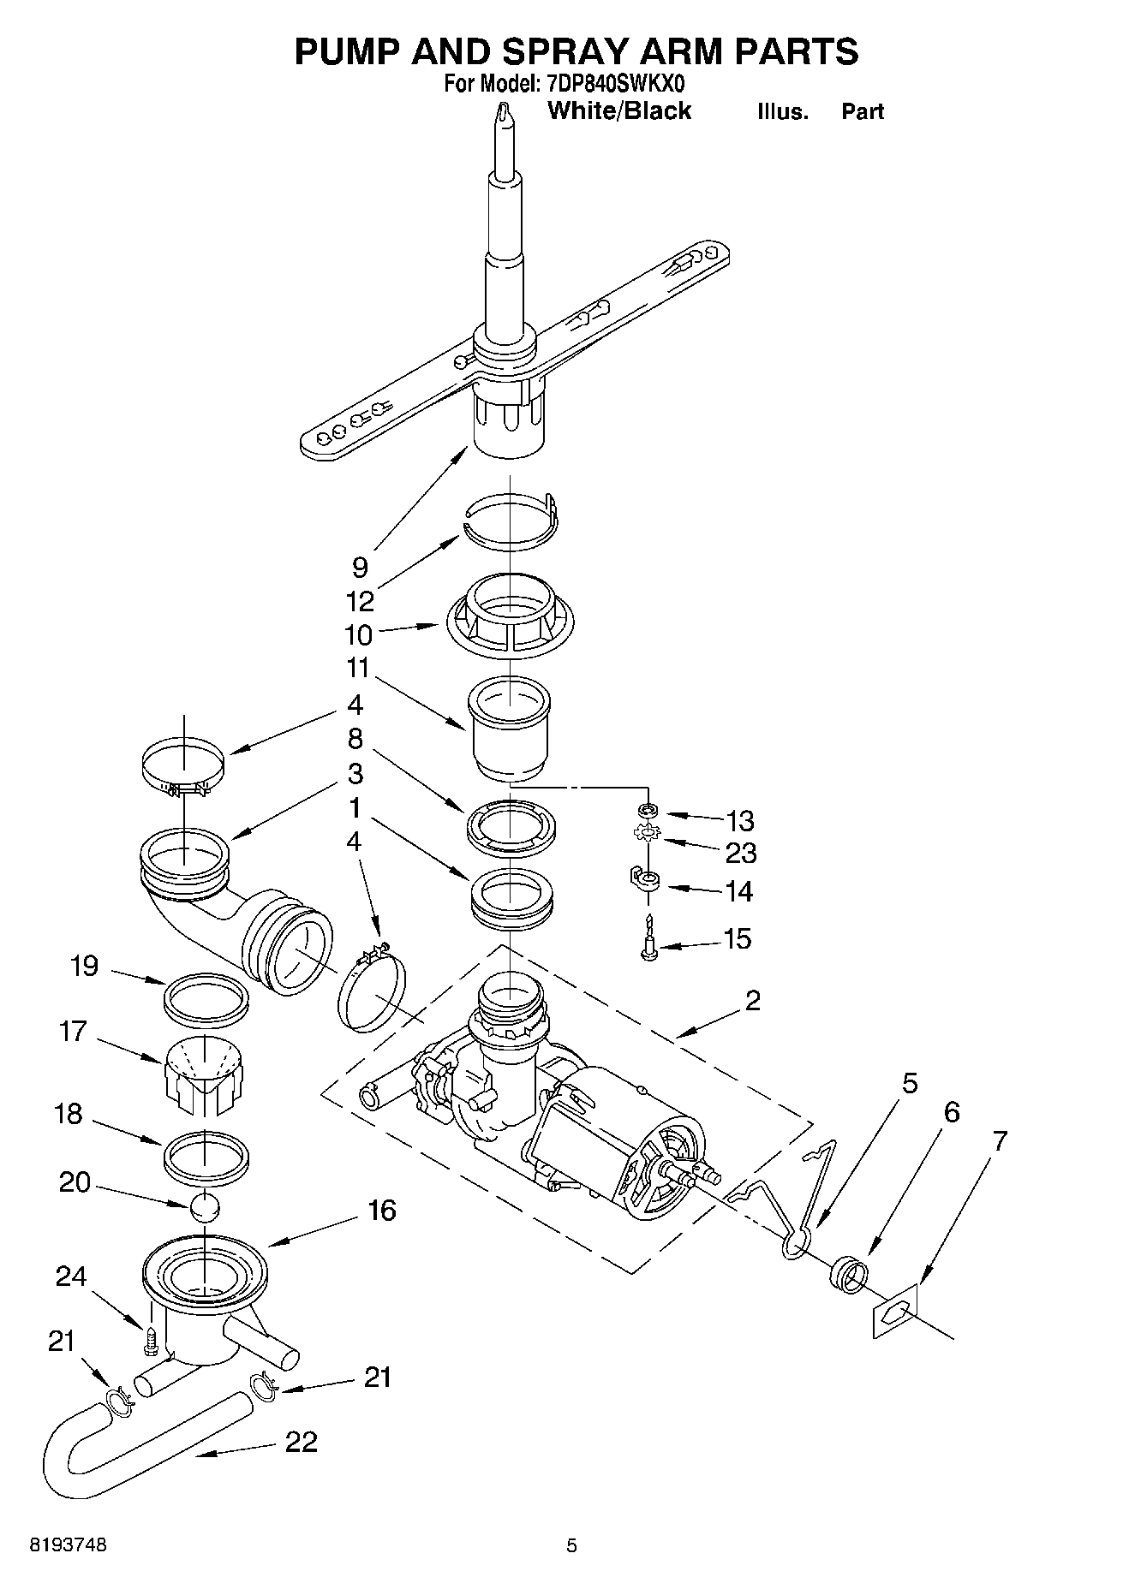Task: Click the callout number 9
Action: (360, 567)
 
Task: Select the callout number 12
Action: (360, 601)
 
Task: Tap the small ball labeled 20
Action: (205, 1206)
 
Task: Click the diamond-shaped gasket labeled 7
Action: (894, 1310)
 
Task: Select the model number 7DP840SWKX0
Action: (616, 84)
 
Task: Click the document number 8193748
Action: (69, 1545)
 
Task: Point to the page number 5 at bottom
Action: (571, 1546)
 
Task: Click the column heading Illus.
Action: (782, 112)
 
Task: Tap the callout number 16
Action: (382, 1210)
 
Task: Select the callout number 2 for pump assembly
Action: (752, 1000)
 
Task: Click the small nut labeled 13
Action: (648, 810)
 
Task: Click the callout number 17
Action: (73, 1032)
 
